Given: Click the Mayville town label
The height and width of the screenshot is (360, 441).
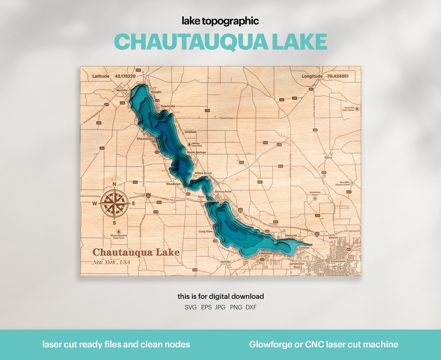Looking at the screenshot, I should point(122,90).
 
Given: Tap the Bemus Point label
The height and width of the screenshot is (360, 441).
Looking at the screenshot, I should point(223,191).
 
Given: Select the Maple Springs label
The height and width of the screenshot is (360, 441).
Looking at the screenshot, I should point(196,152).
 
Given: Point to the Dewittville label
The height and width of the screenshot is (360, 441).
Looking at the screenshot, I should point(168,106).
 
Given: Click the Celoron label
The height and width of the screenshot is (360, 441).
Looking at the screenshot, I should point(304,248).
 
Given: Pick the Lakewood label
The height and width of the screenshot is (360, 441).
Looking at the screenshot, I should point(265,253).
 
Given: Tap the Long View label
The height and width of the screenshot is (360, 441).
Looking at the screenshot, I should point(205,232).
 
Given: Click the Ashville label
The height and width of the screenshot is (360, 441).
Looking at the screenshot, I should point(225,262).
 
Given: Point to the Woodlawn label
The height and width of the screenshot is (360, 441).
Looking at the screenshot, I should point(173,184).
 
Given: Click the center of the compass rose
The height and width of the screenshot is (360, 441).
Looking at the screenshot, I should point(115,203).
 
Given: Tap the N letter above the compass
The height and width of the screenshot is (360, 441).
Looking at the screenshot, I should point(115,184).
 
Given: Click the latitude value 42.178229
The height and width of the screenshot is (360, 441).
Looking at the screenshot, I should point(126,76).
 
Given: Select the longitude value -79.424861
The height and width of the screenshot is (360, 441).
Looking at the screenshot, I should point(337,76).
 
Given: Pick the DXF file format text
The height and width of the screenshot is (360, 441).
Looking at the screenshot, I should point(251,307).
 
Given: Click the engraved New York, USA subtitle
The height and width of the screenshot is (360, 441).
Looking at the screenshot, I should point(111,262).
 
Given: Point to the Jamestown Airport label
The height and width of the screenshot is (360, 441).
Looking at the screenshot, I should point(315,194).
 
